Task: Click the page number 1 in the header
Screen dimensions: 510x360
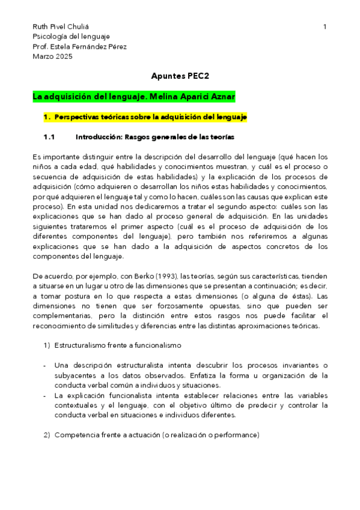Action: [x=325, y=26]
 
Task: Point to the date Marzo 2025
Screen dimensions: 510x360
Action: [x=52, y=57]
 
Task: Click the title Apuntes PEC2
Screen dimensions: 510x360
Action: [x=180, y=76]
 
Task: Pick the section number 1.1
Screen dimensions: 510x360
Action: [x=49, y=137]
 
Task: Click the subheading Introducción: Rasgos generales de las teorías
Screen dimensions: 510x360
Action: [x=154, y=137]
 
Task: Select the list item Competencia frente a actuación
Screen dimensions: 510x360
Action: [x=156, y=435]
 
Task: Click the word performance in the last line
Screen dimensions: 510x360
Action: [x=238, y=435]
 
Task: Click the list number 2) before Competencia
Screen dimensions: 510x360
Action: [x=46, y=435]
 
